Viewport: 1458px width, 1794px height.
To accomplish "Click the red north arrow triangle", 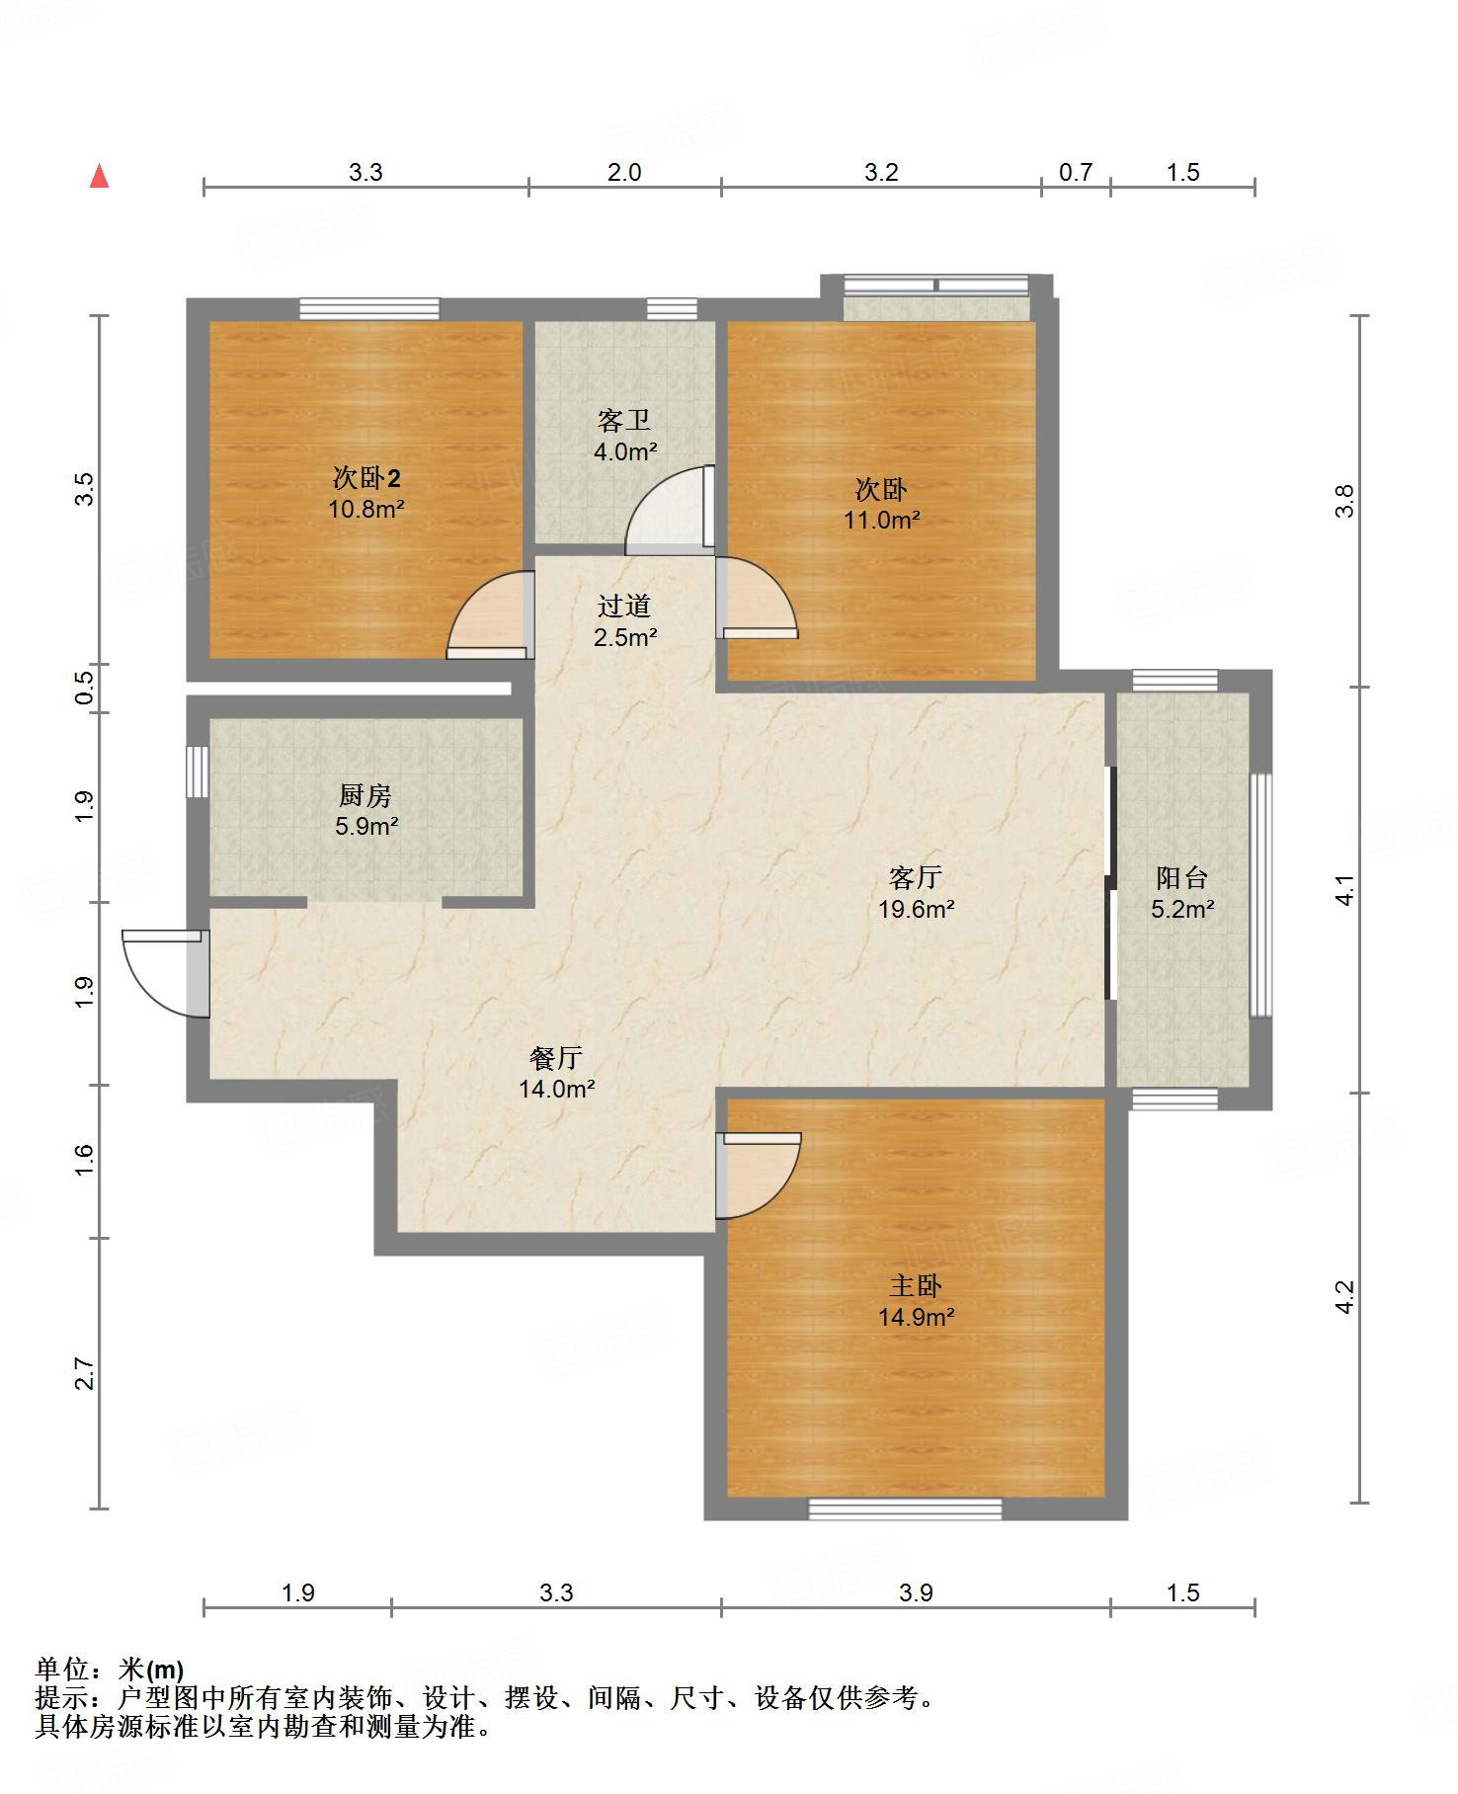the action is pos(99,177).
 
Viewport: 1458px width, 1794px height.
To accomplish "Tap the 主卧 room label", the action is pos(916,1285).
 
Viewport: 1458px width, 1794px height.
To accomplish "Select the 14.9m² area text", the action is pos(916,1317).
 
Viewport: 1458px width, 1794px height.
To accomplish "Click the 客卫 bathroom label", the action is pos(624,421).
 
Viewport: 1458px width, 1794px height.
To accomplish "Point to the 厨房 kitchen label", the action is pos(365,794).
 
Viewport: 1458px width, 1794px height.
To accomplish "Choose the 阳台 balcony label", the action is pos(1182,877).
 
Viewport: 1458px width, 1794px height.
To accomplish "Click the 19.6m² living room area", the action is pos(917,909).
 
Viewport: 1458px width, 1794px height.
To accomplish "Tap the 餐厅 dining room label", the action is pos(556,1058).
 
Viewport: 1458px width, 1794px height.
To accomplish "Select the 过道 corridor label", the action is pos(624,606).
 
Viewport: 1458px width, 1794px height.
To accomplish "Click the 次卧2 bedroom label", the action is pos(366,479).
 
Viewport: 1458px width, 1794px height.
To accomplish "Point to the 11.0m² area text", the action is pos(881,520).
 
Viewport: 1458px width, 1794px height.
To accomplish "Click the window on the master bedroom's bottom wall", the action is pos(905,1509).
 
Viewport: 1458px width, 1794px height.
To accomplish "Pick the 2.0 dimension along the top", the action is pos(624,173).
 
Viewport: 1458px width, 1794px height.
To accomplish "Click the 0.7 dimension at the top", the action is pos(1076,173).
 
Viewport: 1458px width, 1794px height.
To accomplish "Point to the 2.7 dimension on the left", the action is pos(85,1374).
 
